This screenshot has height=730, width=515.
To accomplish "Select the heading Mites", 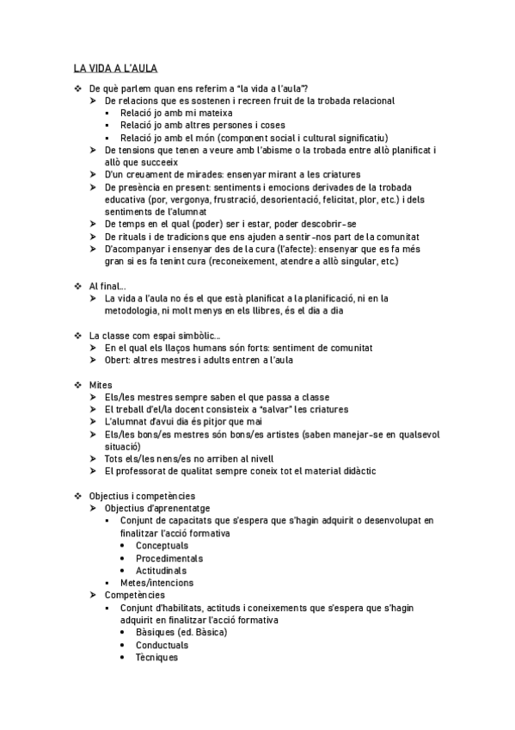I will pyautogui.click(x=101, y=384).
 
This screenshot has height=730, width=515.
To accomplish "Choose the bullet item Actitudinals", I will pyautogui.click(x=161, y=571).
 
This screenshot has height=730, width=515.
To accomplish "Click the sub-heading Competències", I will pyautogui.click(x=135, y=595).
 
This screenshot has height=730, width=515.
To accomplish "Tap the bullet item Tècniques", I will pyautogui.click(x=156, y=658).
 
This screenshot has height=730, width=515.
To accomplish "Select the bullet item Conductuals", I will pyautogui.click(x=162, y=645).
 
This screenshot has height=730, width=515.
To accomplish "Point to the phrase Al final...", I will pyautogui.click(x=107, y=285).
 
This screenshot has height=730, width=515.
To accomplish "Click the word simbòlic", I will pyautogui.click(x=198, y=335).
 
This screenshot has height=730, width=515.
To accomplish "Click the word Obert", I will pyautogui.click(x=118, y=360).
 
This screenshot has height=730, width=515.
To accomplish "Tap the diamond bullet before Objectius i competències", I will pyautogui.click(x=77, y=496).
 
